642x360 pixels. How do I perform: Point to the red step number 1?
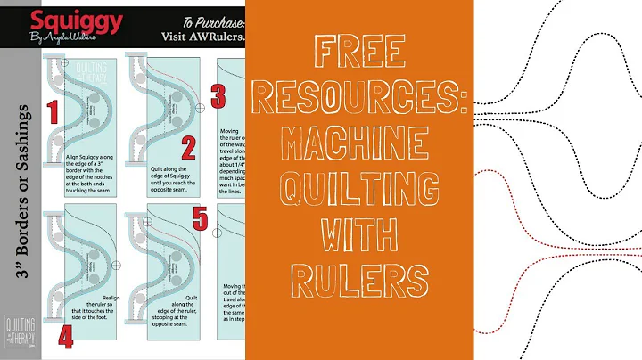52,111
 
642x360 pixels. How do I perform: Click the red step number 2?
187,149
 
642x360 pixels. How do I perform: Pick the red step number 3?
218,97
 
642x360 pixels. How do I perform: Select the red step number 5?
202,217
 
